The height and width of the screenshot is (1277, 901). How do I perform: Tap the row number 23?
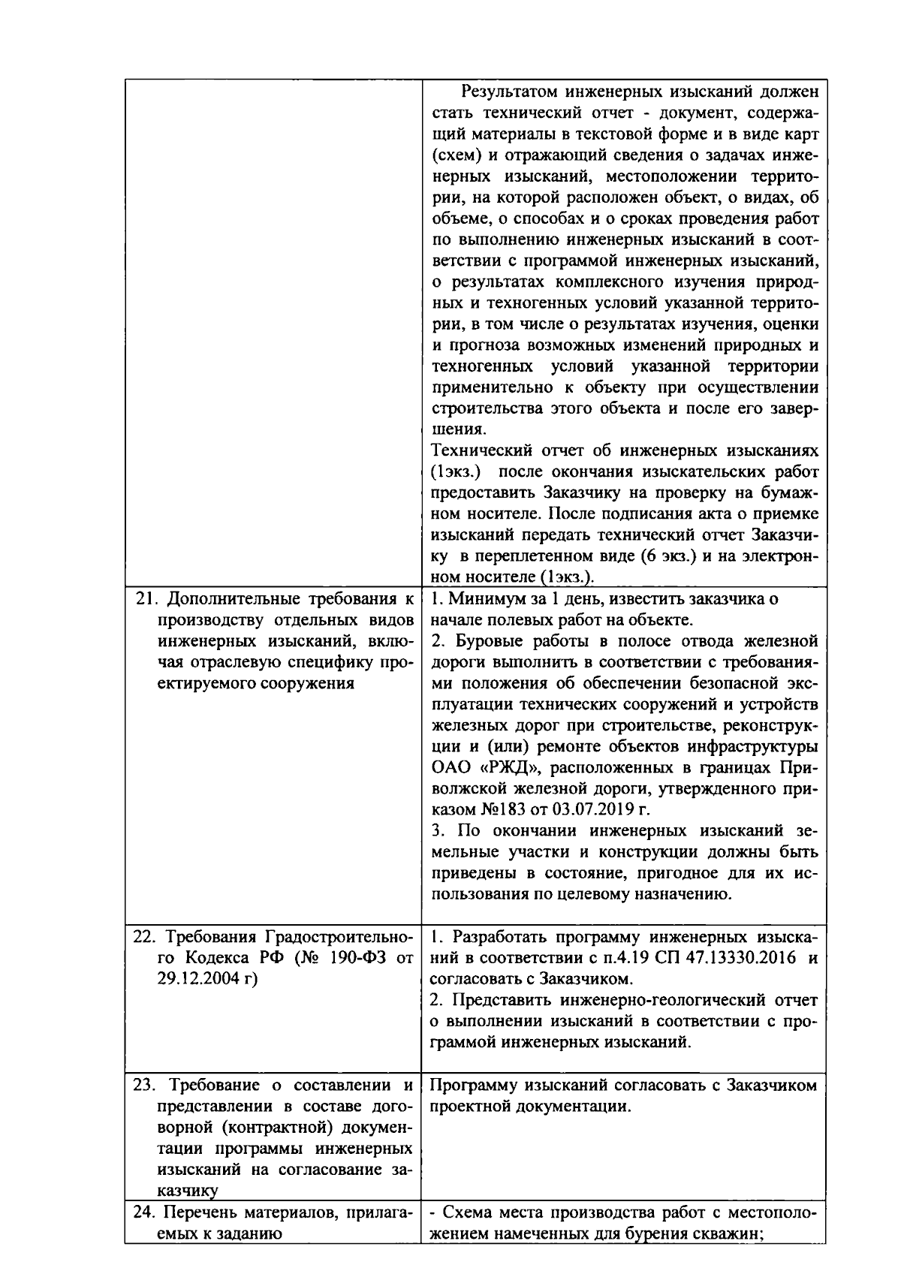click(143, 1086)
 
